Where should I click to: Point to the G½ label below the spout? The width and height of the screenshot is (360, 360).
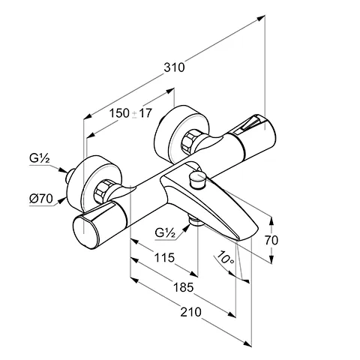click(x=166, y=232)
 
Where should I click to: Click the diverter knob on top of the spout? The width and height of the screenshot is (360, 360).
click(x=197, y=178)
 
